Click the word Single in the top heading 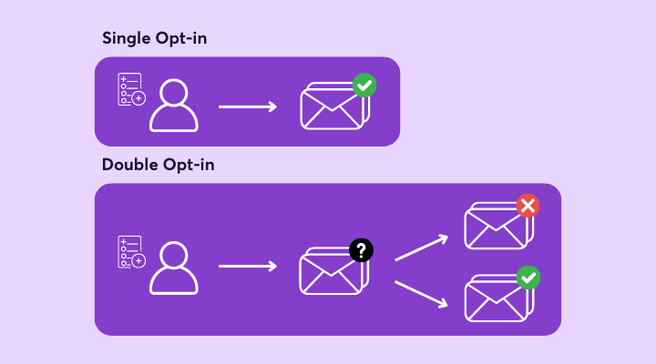(x=127, y=39)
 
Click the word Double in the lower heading (x=129, y=165)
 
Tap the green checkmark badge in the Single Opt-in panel (x=364, y=86)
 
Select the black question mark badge (x=361, y=250)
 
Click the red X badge (x=528, y=206)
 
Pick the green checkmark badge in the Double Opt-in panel (x=528, y=278)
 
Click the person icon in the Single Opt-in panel (x=174, y=106)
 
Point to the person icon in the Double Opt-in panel (x=174, y=268)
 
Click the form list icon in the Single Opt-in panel (x=132, y=89)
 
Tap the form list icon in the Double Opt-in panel (x=132, y=252)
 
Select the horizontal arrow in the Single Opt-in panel (x=248, y=107)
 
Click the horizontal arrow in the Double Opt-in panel (x=248, y=267)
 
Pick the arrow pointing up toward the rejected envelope (x=421, y=248)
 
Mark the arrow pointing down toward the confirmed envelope (x=421, y=295)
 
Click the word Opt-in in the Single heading (x=180, y=39)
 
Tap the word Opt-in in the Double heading (x=189, y=165)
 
